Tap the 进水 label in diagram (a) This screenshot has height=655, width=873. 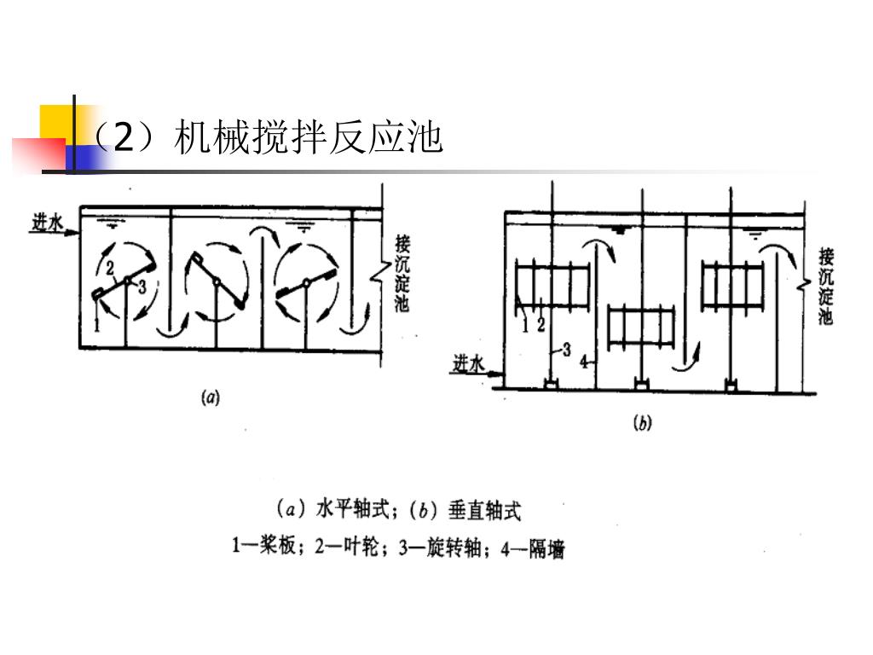point(49,223)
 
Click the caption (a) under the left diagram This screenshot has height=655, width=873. point(210,397)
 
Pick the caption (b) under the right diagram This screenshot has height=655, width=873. point(641,423)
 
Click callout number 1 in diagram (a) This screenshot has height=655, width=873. point(98,325)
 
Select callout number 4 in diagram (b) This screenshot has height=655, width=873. point(584,362)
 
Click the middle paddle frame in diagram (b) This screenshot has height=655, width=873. point(643,327)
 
